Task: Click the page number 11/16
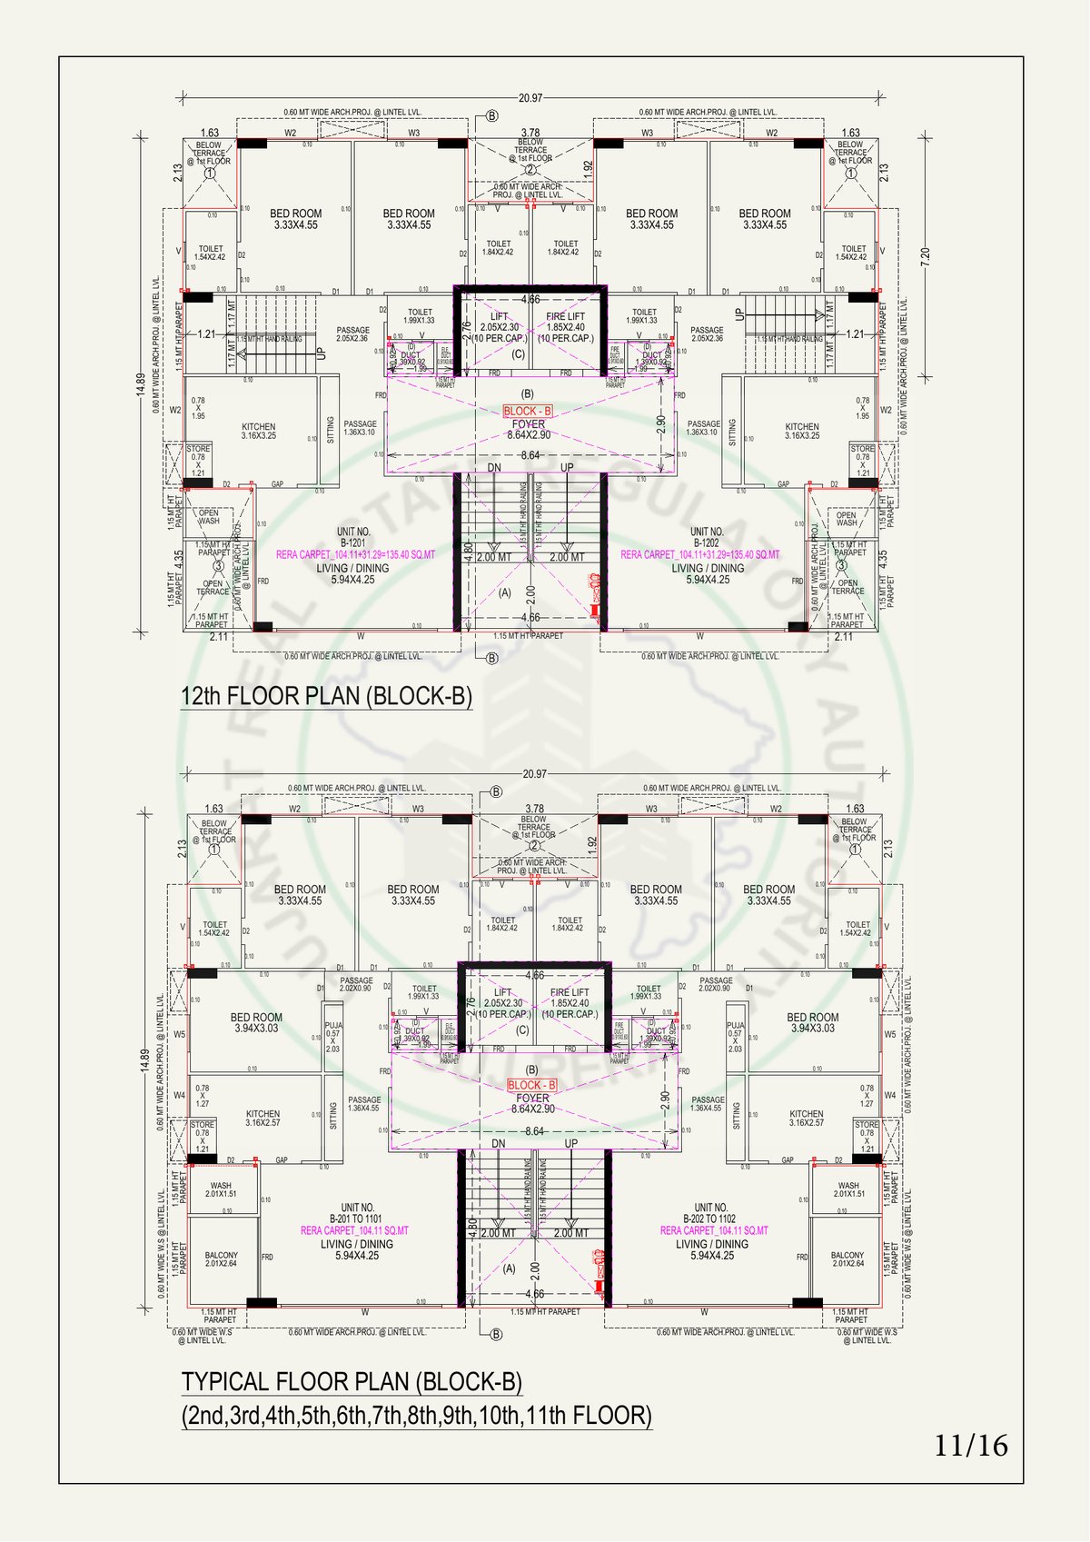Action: pos(970,1445)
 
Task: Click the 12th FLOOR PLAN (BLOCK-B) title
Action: pos(327,696)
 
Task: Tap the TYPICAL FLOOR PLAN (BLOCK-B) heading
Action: pos(352,1382)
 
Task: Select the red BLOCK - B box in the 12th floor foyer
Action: pos(527,412)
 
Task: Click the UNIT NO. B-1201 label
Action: pos(352,537)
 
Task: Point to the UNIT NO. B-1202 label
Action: pos(706,537)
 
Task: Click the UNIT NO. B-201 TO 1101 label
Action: pos(356,1213)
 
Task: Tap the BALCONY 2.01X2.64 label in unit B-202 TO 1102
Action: pos(847,1259)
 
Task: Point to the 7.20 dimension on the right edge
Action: pos(926,255)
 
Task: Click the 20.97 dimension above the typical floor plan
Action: pos(535,774)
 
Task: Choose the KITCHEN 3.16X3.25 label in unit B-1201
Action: pos(259,431)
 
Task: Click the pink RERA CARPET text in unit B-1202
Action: pos(700,554)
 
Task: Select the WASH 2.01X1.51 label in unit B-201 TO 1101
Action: pos(221,1189)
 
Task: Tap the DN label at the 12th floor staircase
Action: pos(494,468)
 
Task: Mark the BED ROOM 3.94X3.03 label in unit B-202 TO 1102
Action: pos(812,1023)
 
